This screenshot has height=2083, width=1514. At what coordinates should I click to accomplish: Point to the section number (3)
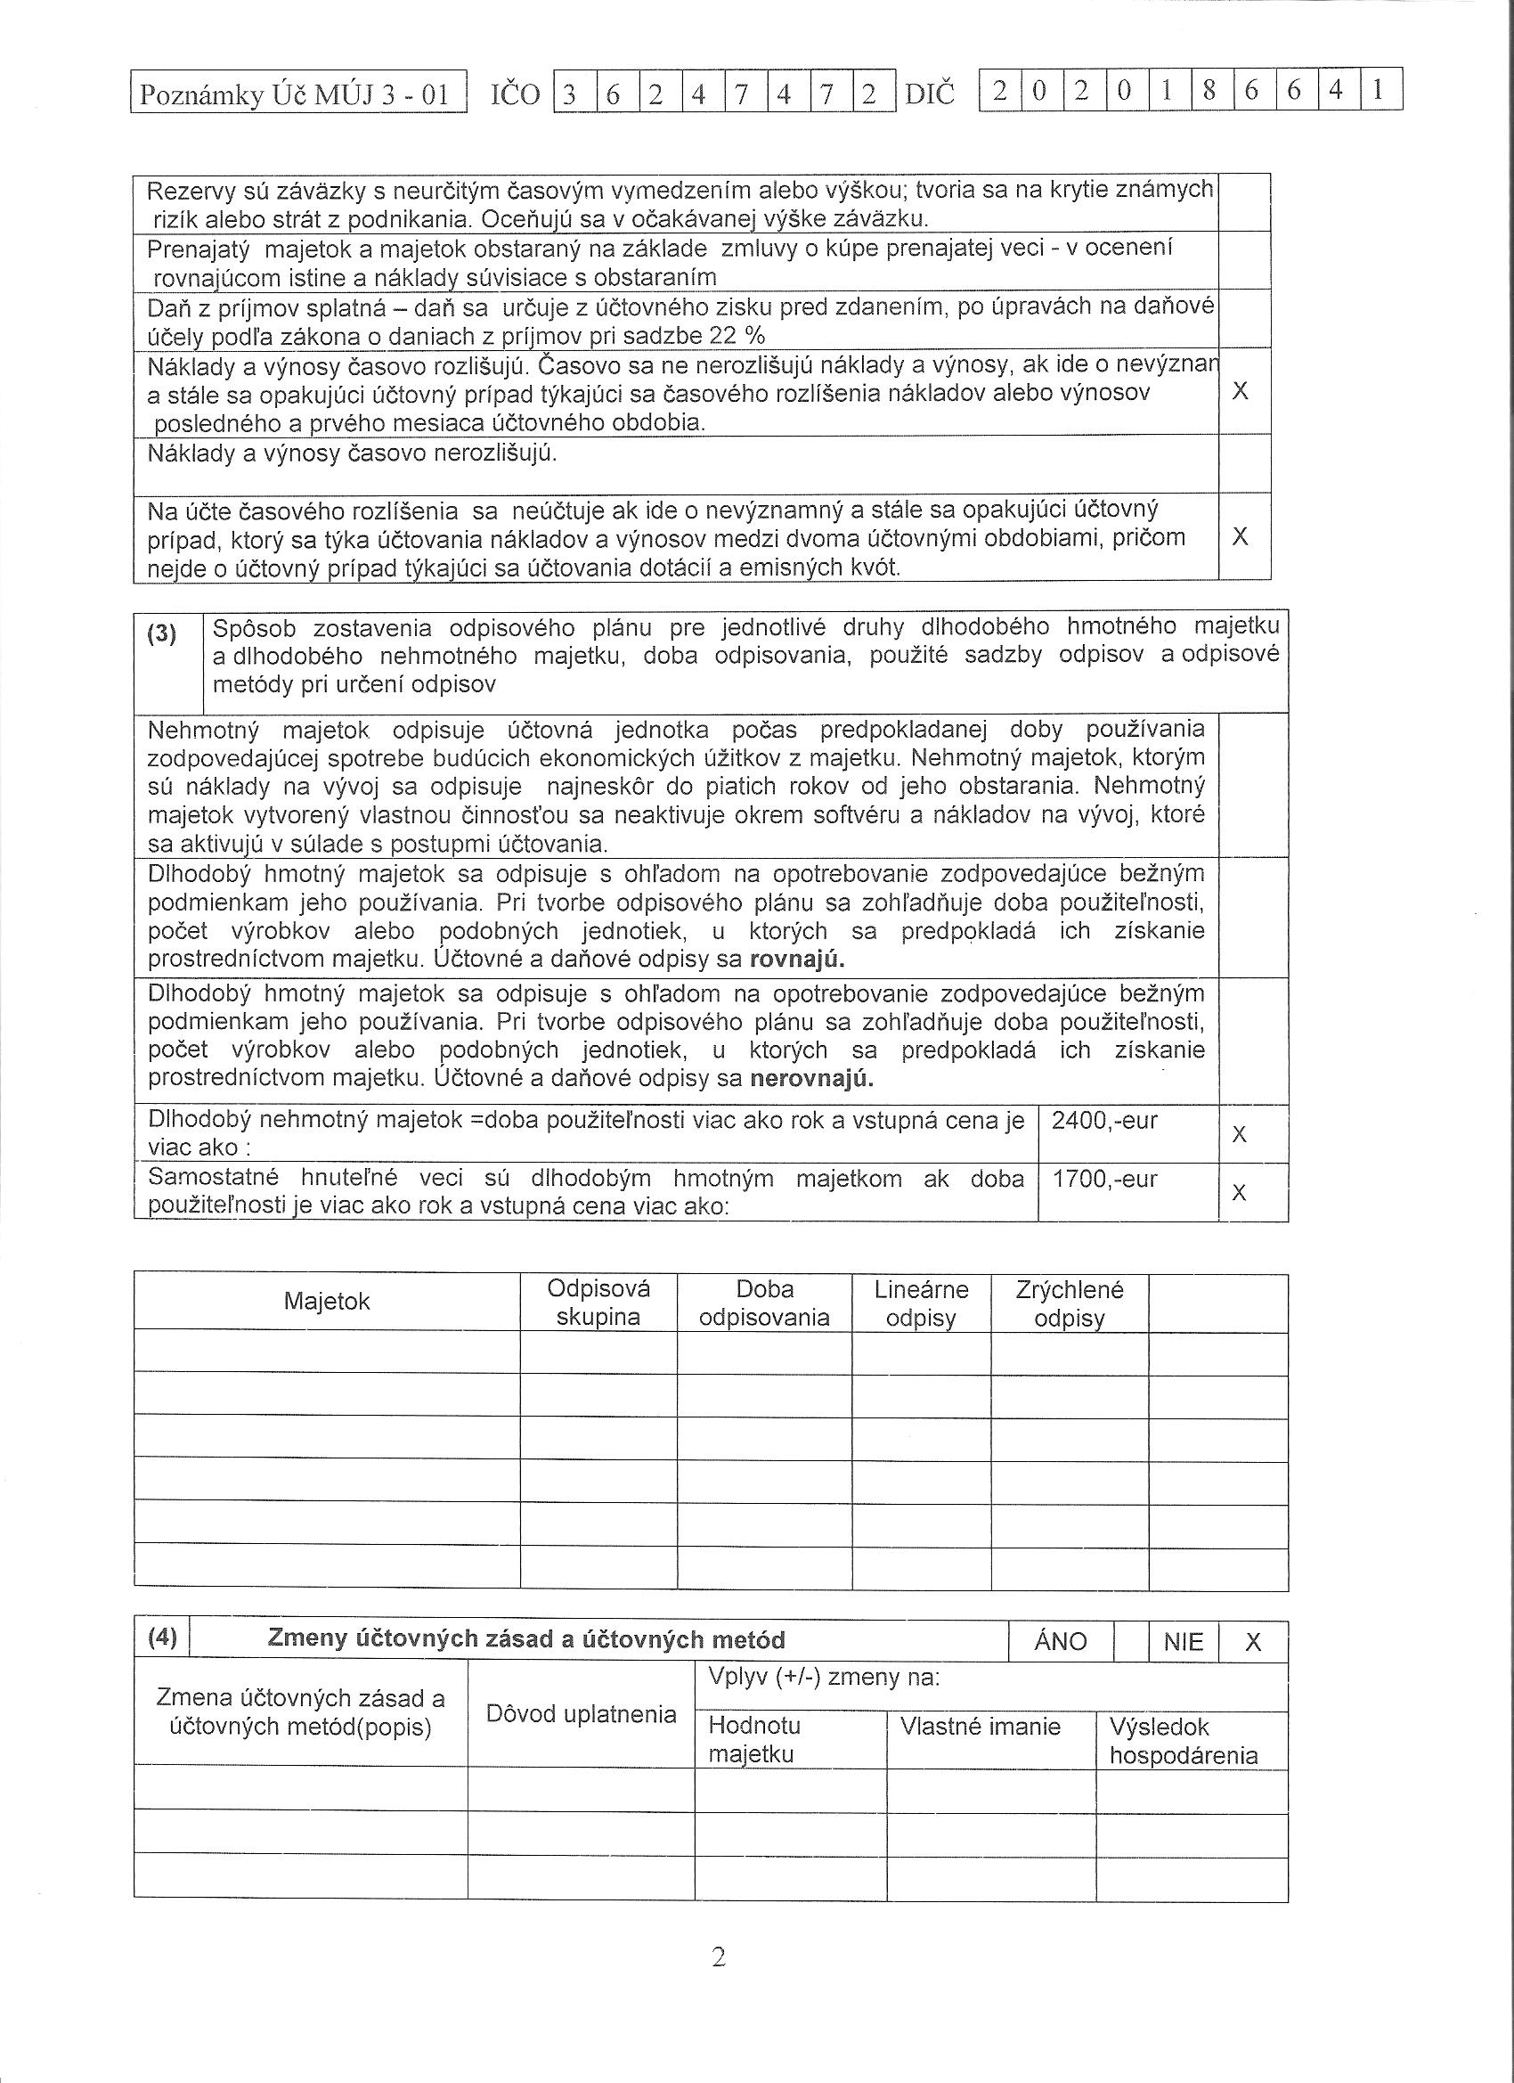[161, 634]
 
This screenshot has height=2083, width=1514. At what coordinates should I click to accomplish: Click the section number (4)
[161, 1638]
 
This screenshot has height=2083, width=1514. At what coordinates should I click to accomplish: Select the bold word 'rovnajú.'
[797, 960]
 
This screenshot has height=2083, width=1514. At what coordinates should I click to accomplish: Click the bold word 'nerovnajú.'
[811, 1078]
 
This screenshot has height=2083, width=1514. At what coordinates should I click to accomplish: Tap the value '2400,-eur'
[1103, 1121]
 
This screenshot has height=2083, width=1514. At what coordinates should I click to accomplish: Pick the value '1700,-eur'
[1103, 1179]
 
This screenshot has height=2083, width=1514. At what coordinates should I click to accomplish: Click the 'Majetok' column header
[327, 1302]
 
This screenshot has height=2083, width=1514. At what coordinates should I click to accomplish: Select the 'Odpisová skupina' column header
[598, 1303]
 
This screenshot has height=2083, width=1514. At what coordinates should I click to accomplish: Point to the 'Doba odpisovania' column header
[764, 1303]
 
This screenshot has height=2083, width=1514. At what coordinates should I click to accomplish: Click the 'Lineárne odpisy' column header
[921, 1303]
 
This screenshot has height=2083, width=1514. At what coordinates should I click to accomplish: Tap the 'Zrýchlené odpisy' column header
[1069, 1303]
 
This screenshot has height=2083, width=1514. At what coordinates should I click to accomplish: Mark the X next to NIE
[1252, 1642]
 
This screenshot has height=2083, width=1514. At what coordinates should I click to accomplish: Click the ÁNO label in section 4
[1060, 1642]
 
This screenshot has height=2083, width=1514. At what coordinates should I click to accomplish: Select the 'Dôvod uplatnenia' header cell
[581, 1714]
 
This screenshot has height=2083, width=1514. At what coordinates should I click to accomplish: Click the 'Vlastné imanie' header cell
[980, 1727]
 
